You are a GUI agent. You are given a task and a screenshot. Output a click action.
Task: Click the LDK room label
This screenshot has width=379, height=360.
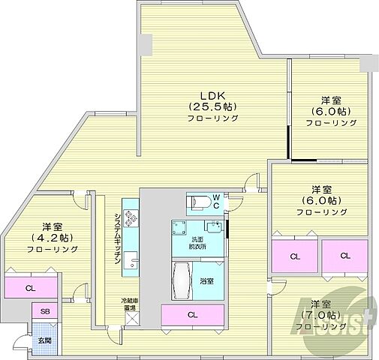click(x=214, y=94)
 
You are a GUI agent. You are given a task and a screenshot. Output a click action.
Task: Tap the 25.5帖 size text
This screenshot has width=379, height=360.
click(x=214, y=106)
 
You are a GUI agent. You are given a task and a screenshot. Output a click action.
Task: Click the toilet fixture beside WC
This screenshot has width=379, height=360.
click(x=199, y=202)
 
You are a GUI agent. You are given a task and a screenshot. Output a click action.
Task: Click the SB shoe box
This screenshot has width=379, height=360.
click(x=44, y=311)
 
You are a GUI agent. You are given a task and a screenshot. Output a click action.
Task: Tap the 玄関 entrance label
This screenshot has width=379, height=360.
click(x=44, y=340)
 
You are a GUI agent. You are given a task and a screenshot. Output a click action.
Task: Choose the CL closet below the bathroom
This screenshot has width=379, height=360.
click(x=193, y=315)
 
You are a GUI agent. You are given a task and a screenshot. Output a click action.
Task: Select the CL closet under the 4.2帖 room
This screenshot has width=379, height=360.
click(x=30, y=288)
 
